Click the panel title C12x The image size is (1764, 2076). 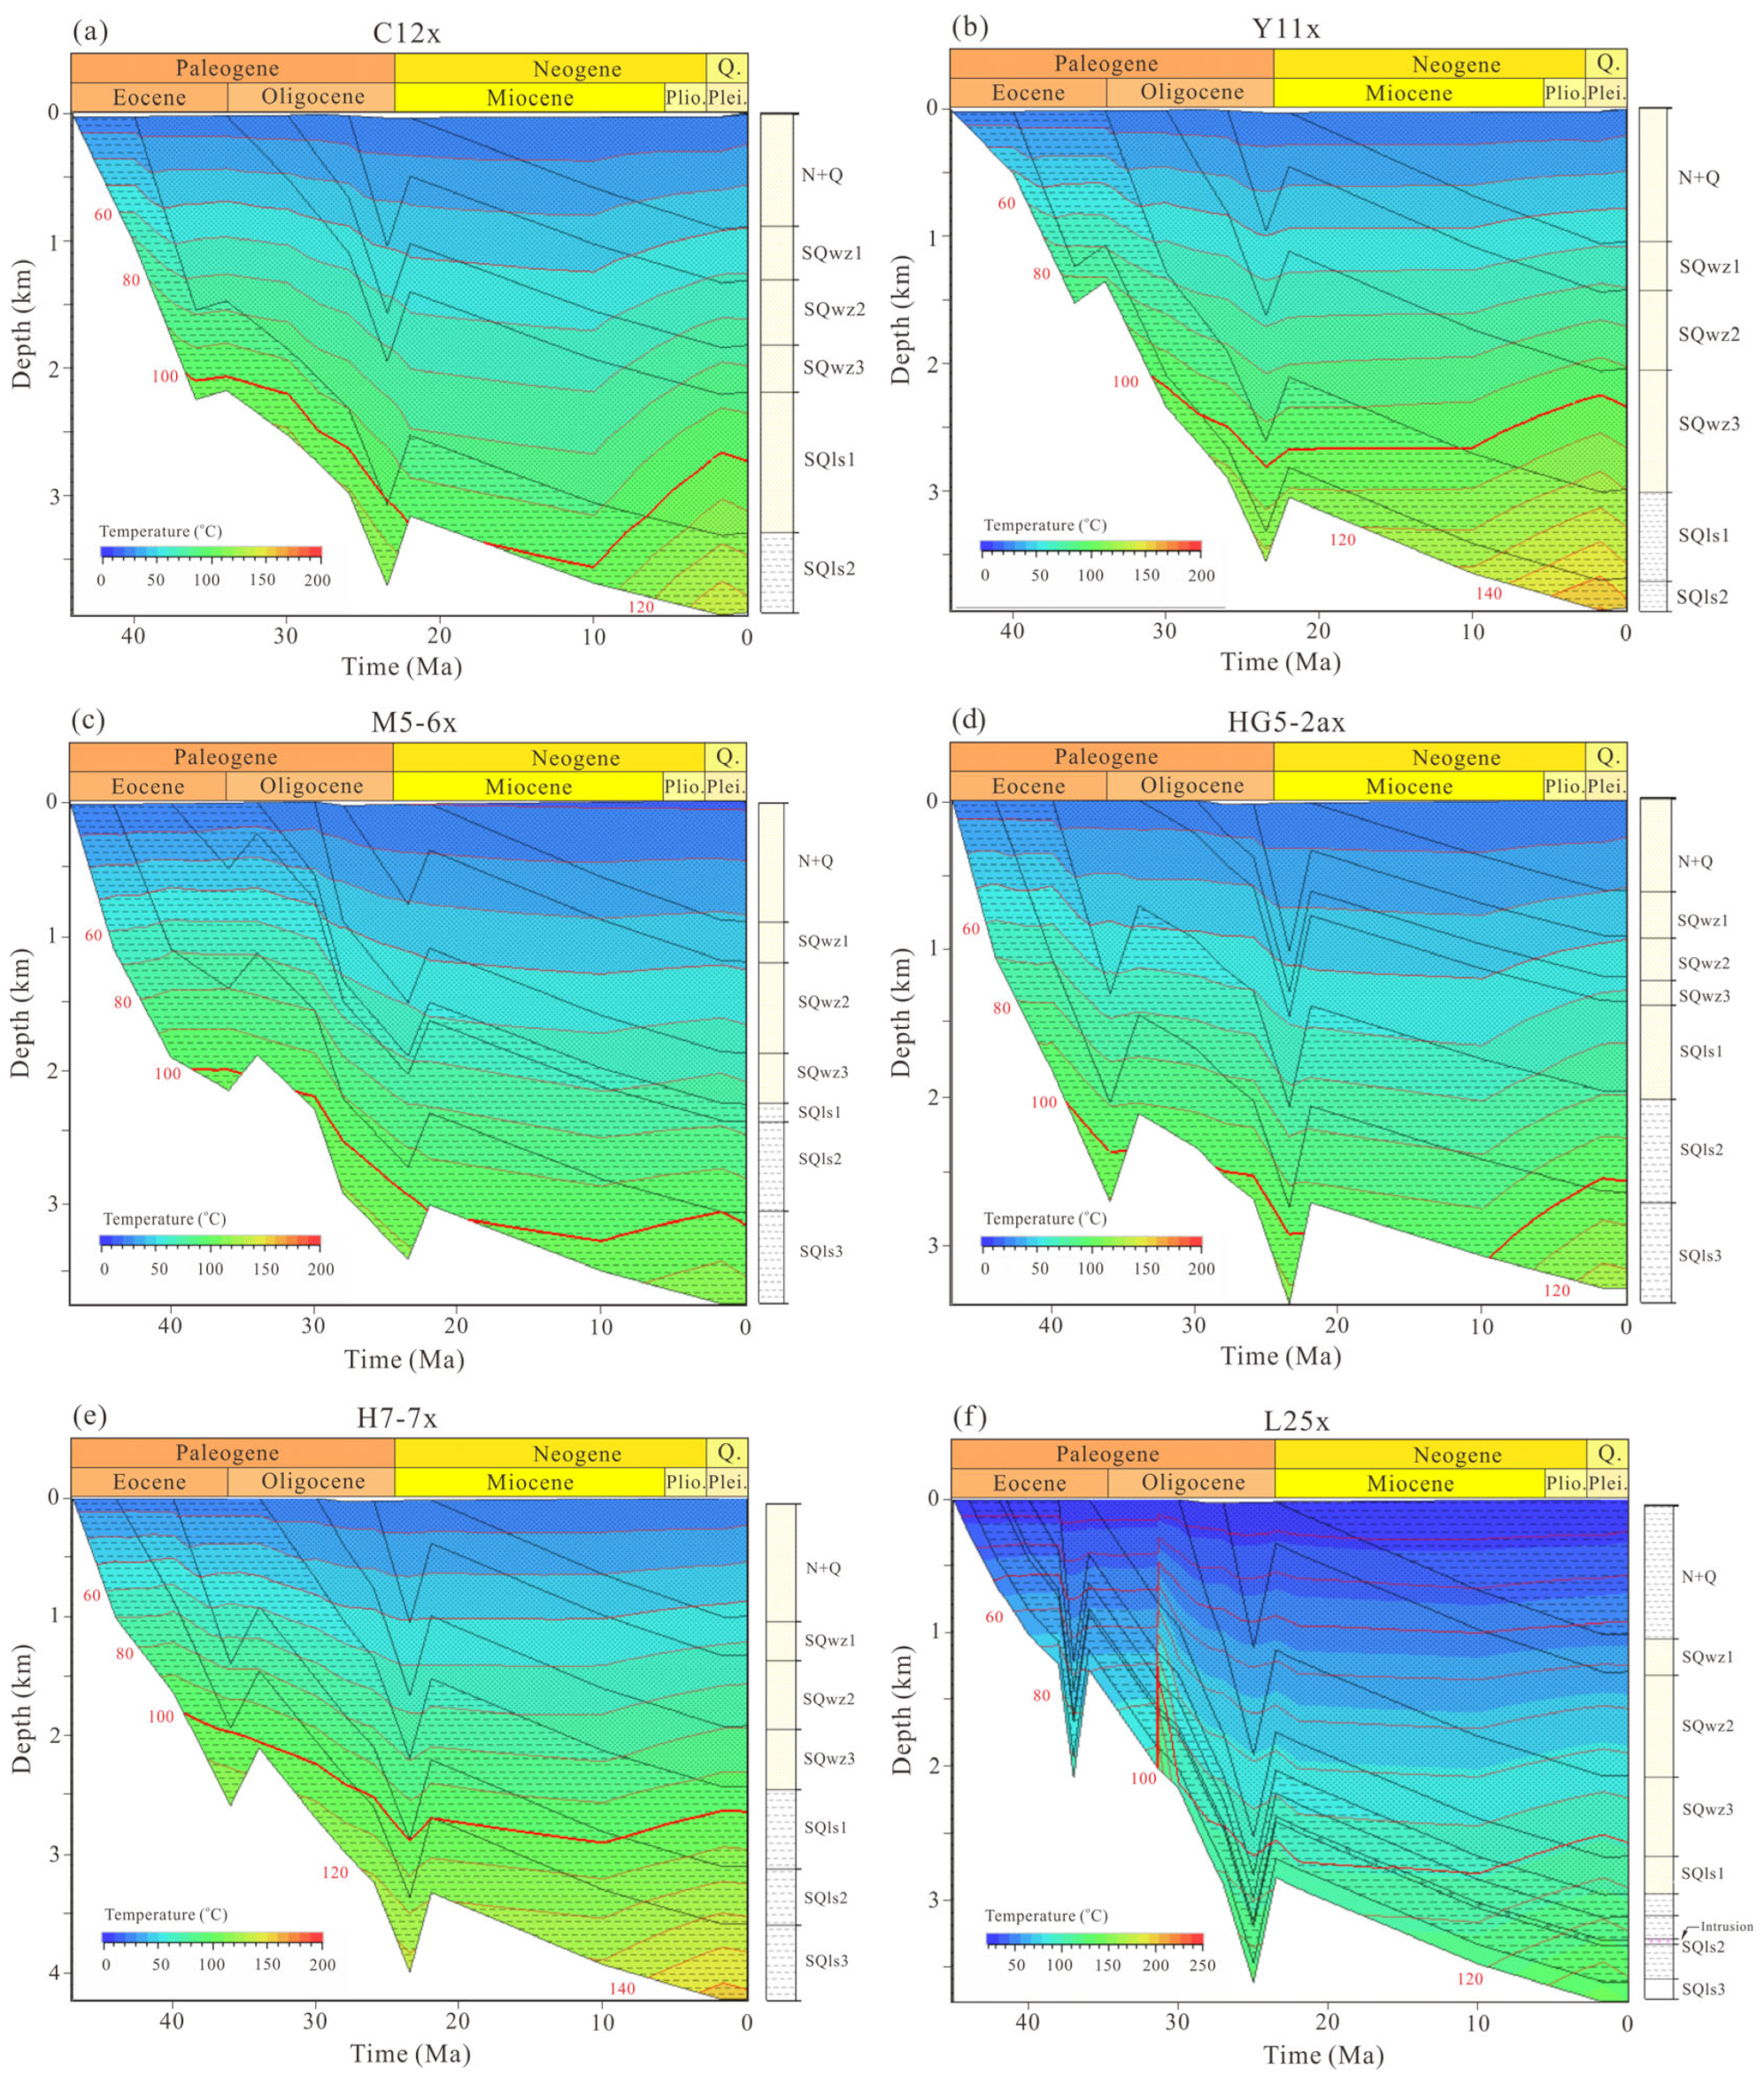pyautogui.click(x=406, y=33)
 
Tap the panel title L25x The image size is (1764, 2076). pyautogui.click(x=1296, y=1421)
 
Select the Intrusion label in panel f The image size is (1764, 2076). pyautogui.click(x=1726, y=1926)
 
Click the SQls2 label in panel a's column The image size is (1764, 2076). pyautogui.click(x=829, y=568)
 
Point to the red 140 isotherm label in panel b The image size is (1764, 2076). pyautogui.click(x=1488, y=593)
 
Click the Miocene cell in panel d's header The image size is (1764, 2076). pyautogui.click(x=1408, y=786)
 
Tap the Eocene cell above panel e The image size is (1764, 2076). pyautogui.click(x=149, y=1481)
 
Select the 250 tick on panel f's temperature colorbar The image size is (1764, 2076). pyautogui.click(x=1202, y=1965)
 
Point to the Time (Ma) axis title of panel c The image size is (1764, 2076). pyautogui.click(x=404, y=1359)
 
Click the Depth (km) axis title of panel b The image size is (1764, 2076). pyautogui.click(x=901, y=319)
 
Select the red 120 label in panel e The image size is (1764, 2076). pyautogui.click(x=335, y=1872)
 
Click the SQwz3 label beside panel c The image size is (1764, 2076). pyautogui.click(x=822, y=1072)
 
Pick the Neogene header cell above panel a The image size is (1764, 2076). pyautogui.click(x=576, y=69)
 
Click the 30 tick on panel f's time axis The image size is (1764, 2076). pyautogui.click(x=1177, y=2022)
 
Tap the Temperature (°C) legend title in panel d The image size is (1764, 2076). pyautogui.click(x=1044, y=1218)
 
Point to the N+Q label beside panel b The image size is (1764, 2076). pyautogui.click(x=1698, y=178)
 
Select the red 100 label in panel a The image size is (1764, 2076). pyautogui.click(x=165, y=376)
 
